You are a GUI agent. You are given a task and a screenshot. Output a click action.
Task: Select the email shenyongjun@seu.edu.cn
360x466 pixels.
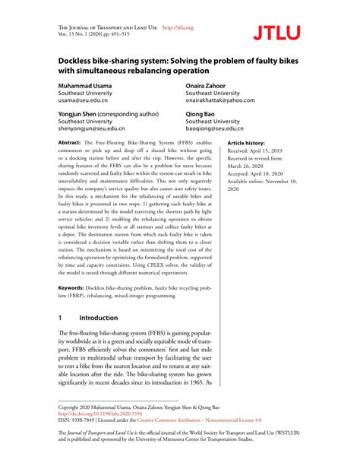[x=94, y=129]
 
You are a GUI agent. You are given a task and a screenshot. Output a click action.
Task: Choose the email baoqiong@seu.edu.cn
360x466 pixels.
[x=216, y=129]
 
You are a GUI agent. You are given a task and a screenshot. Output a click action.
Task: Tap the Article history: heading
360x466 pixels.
[x=247, y=143]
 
